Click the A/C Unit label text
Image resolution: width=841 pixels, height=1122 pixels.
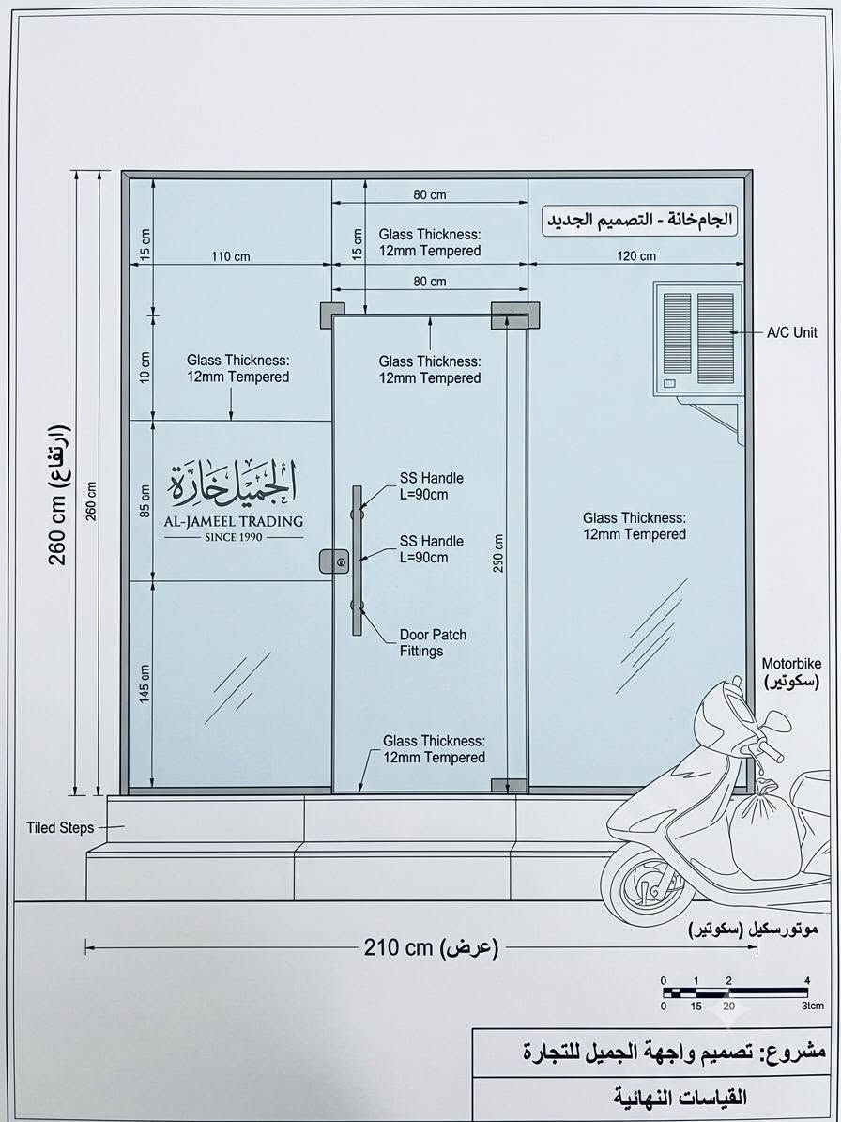[x=793, y=332]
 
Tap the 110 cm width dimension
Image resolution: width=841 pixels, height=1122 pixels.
[x=230, y=255]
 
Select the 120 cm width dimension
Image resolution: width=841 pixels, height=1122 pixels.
[x=636, y=255]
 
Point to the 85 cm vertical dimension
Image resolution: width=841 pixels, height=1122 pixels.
[x=145, y=500]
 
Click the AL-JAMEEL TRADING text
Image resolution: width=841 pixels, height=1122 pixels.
[x=233, y=521]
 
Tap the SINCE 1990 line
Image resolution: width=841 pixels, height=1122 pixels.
[x=234, y=537]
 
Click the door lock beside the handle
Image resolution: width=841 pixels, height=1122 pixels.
[x=334, y=561]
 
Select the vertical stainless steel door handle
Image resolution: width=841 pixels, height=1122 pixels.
[x=357, y=561]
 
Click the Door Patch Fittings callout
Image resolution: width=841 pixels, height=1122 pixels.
[x=432, y=642]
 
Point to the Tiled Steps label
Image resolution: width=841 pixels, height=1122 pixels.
[x=60, y=828]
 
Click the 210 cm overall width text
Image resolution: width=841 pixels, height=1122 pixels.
[x=431, y=948]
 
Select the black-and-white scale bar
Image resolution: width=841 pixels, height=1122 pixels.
[x=735, y=992]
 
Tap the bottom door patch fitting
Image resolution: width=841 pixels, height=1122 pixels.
[x=509, y=785]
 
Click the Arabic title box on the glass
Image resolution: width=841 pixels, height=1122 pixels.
[x=640, y=221]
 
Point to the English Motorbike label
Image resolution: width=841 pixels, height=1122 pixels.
[x=791, y=663]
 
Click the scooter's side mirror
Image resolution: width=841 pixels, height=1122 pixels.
[x=776, y=721]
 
